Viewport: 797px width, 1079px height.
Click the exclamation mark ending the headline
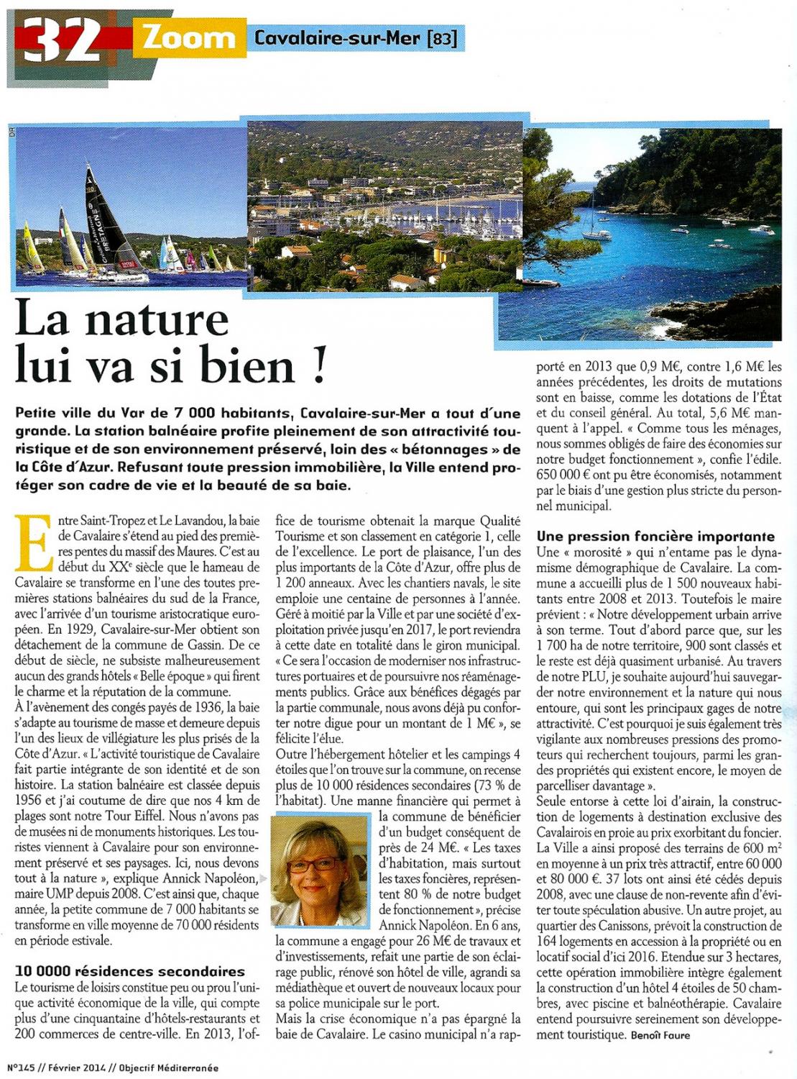point(319,365)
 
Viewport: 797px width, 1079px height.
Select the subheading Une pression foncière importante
point(655,537)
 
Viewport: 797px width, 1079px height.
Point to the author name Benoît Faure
point(660,1036)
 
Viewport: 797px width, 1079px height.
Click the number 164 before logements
point(550,942)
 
